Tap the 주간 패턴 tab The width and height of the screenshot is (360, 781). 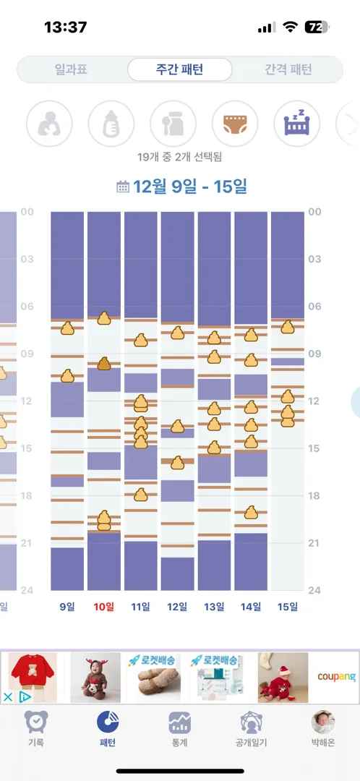click(x=179, y=69)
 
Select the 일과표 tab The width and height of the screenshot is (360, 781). click(x=71, y=69)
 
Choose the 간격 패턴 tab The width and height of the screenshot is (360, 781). click(x=288, y=69)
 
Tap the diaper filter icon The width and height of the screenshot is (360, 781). click(x=235, y=124)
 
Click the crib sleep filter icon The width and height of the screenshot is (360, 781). click(x=297, y=124)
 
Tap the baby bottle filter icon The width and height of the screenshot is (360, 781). click(x=111, y=124)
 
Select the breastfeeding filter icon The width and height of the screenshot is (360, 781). click(x=49, y=124)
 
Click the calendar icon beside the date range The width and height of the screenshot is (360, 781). click(x=122, y=187)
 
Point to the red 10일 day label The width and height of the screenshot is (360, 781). click(x=104, y=607)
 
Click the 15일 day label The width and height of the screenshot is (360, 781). click(x=288, y=607)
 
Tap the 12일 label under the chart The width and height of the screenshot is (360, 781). click(x=177, y=607)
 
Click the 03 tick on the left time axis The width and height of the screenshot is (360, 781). click(x=27, y=259)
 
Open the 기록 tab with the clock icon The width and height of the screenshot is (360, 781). click(x=36, y=728)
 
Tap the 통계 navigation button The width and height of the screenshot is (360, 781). click(x=179, y=728)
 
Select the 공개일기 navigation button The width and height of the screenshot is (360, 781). click(x=252, y=728)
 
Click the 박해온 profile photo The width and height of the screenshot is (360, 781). click(x=323, y=722)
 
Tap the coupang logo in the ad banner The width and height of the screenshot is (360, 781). click(x=337, y=677)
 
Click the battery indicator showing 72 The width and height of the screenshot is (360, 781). click(x=317, y=27)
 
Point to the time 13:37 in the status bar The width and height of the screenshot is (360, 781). click(x=66, y=27)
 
